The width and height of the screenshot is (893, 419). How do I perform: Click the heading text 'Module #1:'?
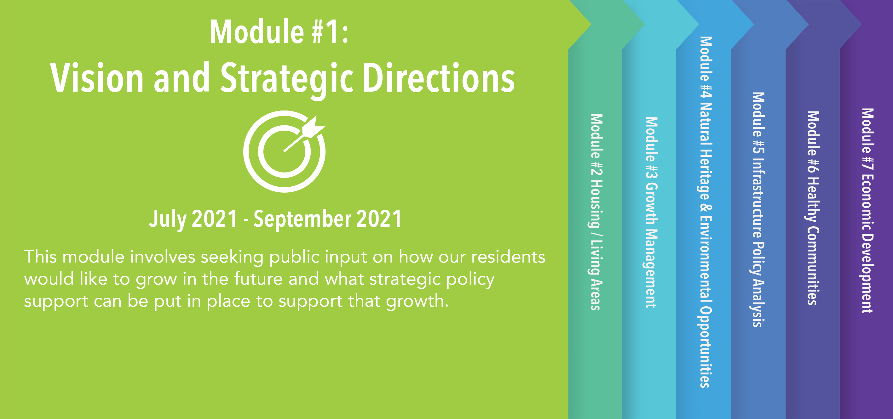coord(279,31)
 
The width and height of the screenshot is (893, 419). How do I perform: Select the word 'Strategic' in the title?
coord(287,80)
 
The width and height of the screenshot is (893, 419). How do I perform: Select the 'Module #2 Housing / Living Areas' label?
coord(596,212)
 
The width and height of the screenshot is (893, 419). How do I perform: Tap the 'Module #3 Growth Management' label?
coord(651,212)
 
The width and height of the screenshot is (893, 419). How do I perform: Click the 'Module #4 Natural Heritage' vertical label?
coord(706,212)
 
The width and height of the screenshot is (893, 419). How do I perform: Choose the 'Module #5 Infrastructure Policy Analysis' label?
coord(758,210)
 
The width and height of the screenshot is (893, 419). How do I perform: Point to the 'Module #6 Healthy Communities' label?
coord(813,208)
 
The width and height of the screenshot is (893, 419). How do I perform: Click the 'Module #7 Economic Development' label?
coord(868,211)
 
